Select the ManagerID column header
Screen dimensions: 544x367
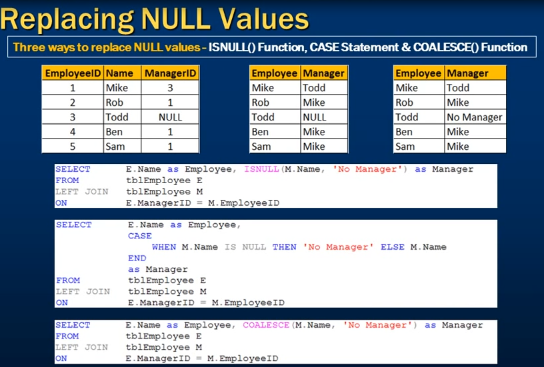point(171,73)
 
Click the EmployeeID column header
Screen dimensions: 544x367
point(73,73)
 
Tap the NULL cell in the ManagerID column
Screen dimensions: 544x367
point(171,117)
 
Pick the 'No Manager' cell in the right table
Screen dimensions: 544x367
point(475,117)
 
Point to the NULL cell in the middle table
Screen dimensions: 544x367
point(315,117)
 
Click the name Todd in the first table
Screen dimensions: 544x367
point(117,117)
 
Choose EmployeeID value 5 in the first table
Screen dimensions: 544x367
point(73,147)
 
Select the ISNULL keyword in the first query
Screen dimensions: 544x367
point(261,169)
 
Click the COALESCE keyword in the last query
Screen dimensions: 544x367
point(266,325)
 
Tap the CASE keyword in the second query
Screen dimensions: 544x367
point(140,236)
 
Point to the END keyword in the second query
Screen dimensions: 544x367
point(137,258)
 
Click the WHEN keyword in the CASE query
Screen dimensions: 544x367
point(164,247)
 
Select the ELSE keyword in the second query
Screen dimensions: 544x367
point(393,247)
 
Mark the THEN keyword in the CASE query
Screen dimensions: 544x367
point(285,247)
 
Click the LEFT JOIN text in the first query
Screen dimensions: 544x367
point(82,192)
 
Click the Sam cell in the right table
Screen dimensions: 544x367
point(405,147)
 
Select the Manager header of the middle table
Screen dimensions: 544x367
point(324,73)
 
